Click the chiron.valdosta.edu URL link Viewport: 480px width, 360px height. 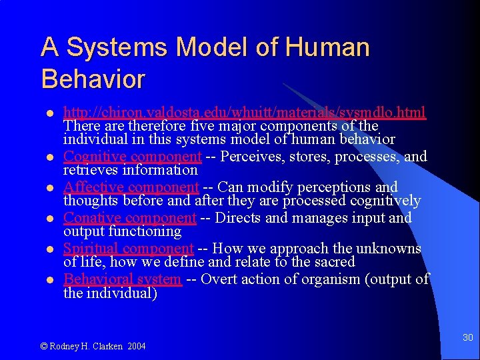click(x=245, y=111)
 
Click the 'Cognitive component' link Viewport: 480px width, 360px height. click(x=132, y=157)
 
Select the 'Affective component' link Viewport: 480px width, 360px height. click(x=131, y=187)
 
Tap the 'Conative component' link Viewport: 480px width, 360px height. click(x=129, y=218)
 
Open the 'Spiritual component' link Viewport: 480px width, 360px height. click(x=128, y=249)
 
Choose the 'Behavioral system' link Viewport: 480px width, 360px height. click(x=122, y=279)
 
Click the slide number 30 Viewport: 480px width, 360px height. click(x=467, y=338)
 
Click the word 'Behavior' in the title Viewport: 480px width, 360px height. click(x=93, y=79)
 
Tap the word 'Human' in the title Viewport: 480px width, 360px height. click(x=327, y=48)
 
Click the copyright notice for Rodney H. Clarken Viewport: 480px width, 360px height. click(x=93, y=346)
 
